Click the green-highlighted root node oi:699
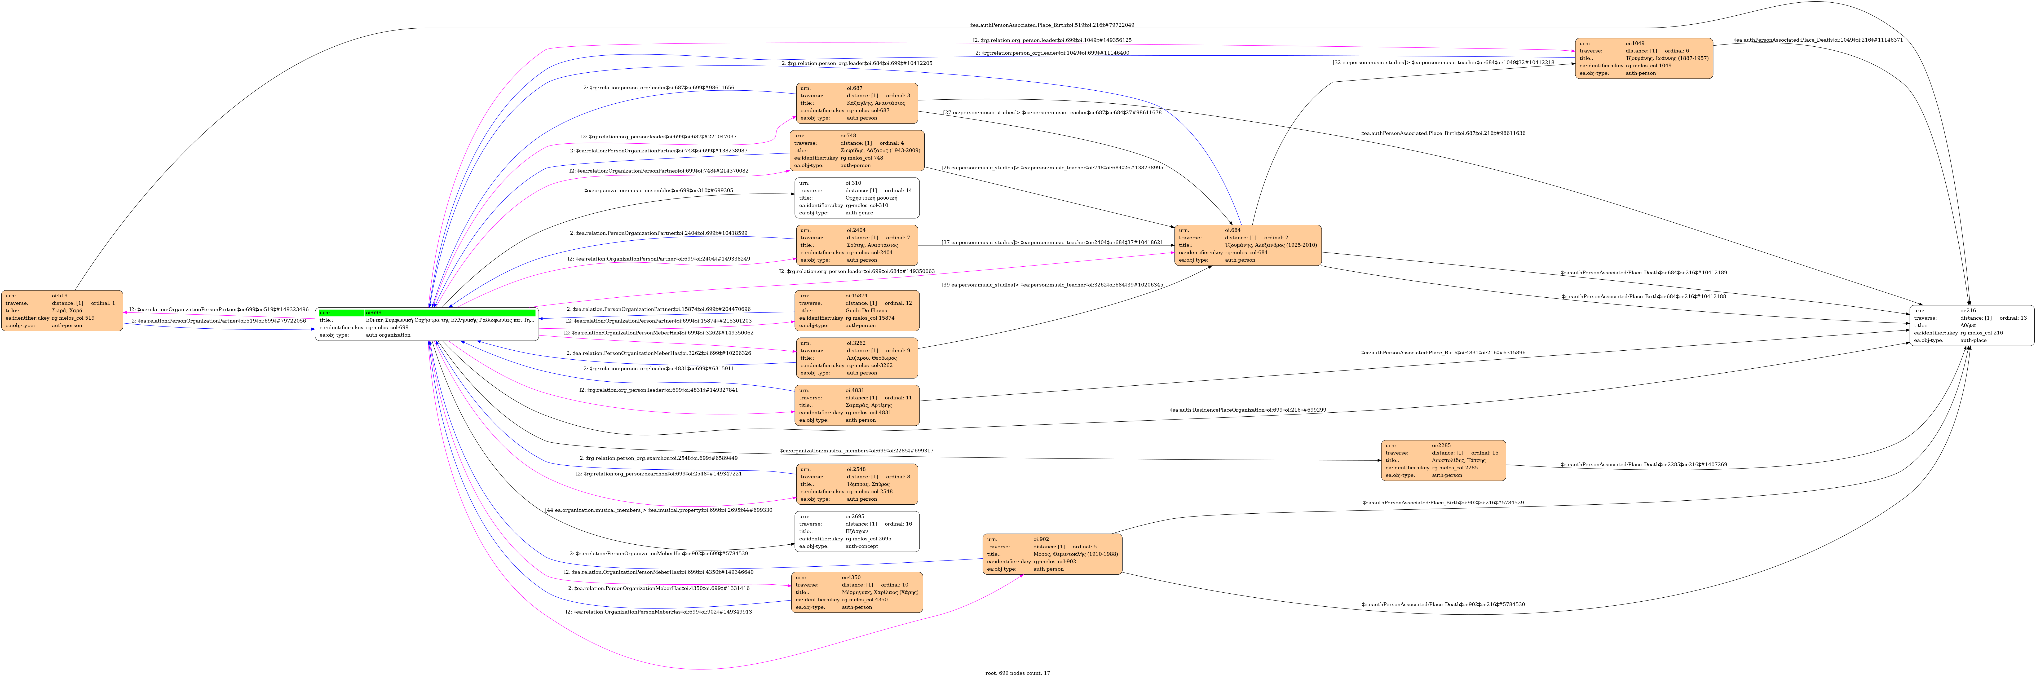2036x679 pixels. pos(427,324)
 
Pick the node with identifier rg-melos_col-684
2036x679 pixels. pos(1247,245)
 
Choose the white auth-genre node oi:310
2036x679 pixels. pos(857,198)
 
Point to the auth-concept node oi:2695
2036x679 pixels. pos(857,531)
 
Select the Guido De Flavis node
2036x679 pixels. pos(857,311)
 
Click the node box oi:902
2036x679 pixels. pos(1052,554)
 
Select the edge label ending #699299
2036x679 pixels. pos(1247,410)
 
